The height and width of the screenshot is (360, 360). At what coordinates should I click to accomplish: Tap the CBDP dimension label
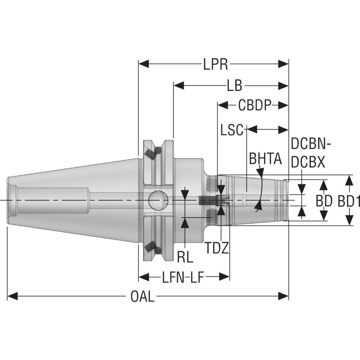(x=255, y=105)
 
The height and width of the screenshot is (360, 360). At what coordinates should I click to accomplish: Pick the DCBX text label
(x=308, y=162)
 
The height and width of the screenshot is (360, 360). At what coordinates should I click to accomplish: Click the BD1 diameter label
(x=348, y=201)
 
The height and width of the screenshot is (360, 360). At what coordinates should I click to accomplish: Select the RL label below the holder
(x=184, y=256)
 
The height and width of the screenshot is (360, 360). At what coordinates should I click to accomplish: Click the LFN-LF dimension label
(x=183, y=277)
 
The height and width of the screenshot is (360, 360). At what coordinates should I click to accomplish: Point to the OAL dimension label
(x=142, y=297)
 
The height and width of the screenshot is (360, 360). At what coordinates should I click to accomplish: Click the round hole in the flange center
(x=158, y=200)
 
